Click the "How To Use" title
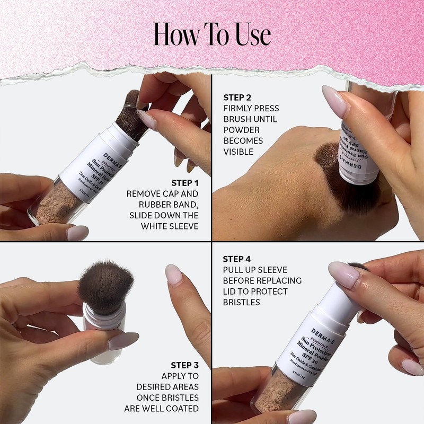[x=212, y=34]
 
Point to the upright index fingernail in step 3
[x=173, y=274]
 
